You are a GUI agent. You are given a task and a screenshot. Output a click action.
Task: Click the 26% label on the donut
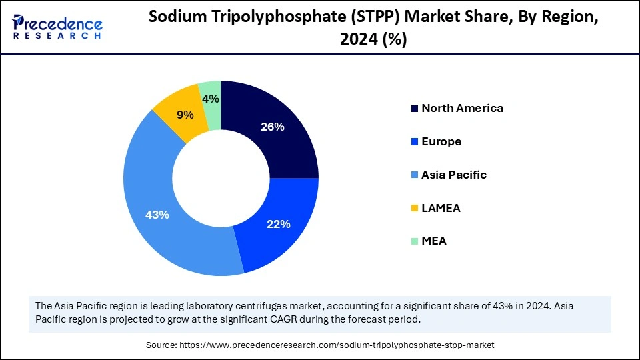click(x=273, y=127)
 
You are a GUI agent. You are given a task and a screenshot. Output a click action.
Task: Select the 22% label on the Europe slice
click(x=278, y=225)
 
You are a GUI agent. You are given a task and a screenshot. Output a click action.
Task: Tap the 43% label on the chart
click(x=158, y=215)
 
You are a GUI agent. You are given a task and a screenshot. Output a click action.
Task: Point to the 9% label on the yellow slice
click(x=184, y=115)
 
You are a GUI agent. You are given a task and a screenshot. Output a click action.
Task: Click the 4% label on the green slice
click(x=211, y=99)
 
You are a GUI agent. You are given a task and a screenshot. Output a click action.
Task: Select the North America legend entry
click(x=462, y=108)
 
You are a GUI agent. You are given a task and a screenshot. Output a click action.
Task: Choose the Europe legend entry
click(x=441, y=141)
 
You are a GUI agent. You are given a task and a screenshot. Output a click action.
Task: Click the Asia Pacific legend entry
click(x=453, y=175)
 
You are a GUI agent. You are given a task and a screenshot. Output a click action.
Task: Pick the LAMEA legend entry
click(x=441, y=208)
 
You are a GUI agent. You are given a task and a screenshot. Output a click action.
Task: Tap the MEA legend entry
click(x=433, y=241)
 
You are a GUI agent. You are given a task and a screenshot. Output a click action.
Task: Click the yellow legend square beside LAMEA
click(x=415, y=209)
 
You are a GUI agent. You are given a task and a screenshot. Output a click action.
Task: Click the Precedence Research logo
click(x=57, y=26)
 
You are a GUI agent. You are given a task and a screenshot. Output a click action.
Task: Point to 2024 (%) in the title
click(x=373, y=40)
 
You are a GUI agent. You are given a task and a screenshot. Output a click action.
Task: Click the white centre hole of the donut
click(x=221, y=178)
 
